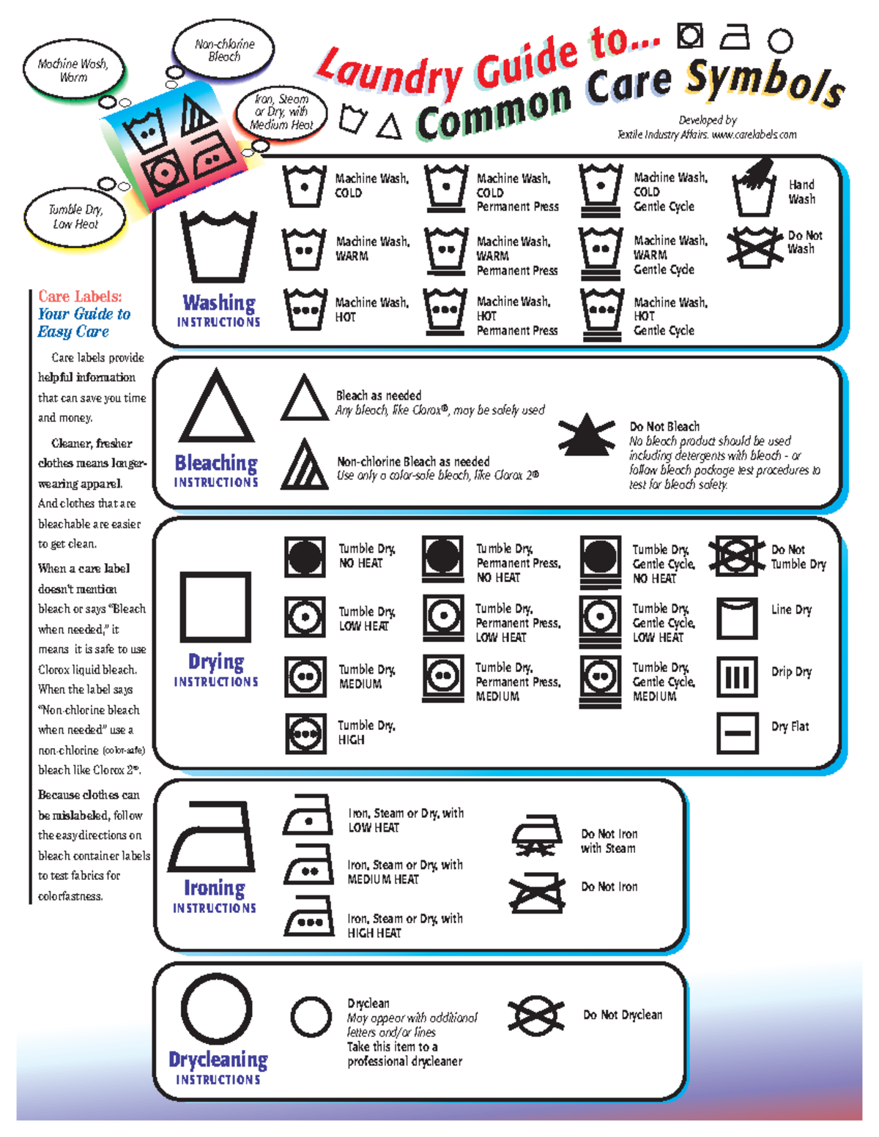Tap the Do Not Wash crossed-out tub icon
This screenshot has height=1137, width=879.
(x=754, y=245)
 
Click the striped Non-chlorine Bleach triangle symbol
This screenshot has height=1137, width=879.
(x=304, y=465)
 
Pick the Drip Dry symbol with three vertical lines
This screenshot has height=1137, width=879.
(x=737, y=676)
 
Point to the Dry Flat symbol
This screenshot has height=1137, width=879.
(x=737, y=732)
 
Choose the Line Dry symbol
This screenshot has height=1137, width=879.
(x=737, y=619)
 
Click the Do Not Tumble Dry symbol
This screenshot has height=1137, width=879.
(x=737, y=556)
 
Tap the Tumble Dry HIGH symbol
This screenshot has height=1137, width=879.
(x=305, y=733)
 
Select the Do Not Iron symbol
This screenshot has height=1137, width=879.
(x=538, y=892)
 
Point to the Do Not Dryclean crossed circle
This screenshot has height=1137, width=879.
(x=536, y=1015)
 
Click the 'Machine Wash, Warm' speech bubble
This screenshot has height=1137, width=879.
(x=73, y=70)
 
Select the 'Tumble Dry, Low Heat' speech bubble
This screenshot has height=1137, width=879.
(x=75, y=217)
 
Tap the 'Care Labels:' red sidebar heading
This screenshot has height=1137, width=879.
(x=80, y=297)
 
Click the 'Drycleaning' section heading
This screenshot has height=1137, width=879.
(x=218, y=1059)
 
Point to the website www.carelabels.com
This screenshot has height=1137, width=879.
(x=754, y=135)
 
